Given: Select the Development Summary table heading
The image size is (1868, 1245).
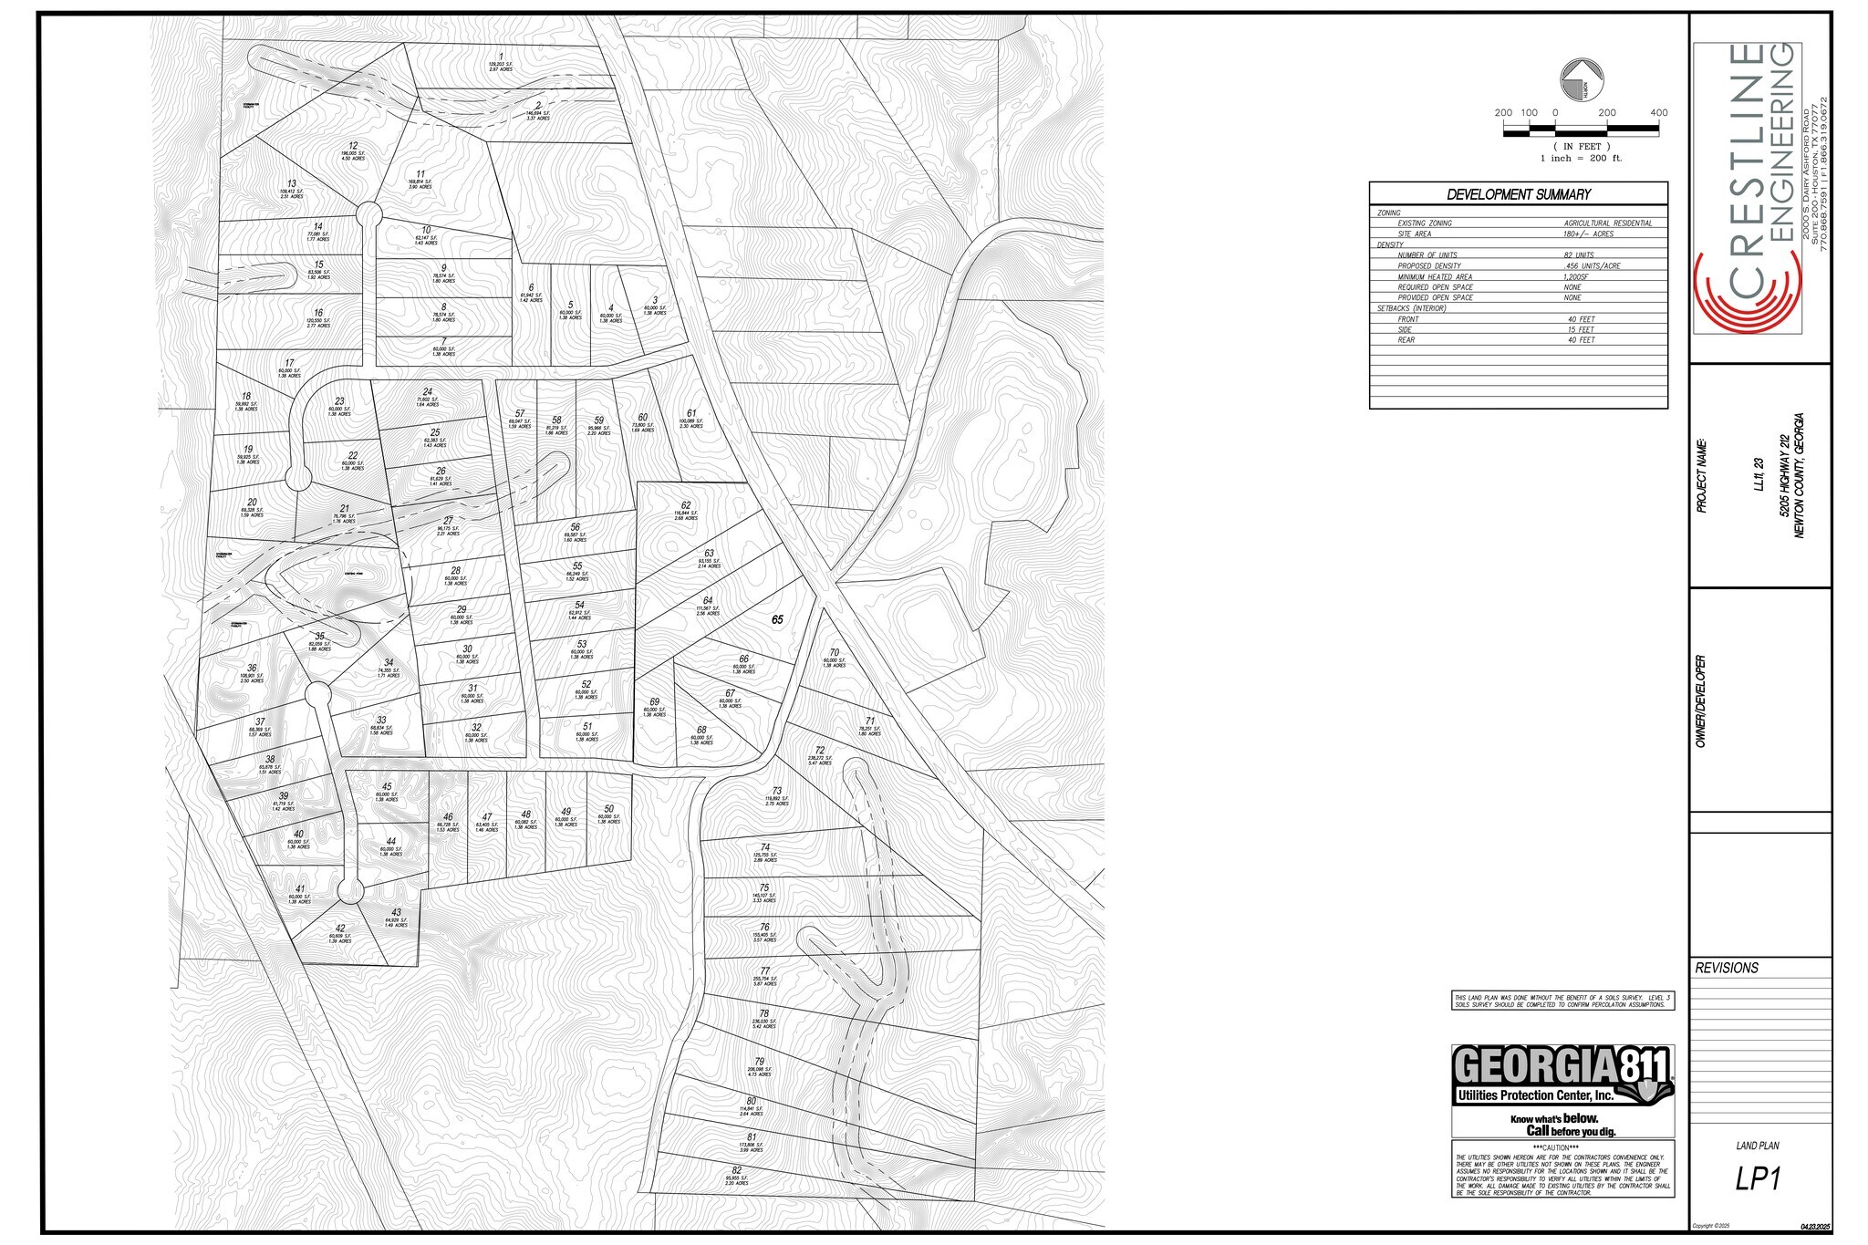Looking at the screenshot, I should tap(1518, 194).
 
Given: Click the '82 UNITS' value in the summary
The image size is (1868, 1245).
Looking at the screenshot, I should tap(1578, 255).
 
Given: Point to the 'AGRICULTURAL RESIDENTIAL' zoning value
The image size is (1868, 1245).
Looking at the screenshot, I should tap(1607, 223).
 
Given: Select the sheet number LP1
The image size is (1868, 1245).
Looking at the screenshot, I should tap(1758, 1179).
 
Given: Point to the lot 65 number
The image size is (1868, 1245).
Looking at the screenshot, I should tap(777, 619).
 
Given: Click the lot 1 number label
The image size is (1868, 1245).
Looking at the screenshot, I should tap(500, 57).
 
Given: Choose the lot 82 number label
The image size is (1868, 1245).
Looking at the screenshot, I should tap(736, 1171).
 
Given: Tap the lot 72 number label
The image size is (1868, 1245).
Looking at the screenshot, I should tap(819, 751).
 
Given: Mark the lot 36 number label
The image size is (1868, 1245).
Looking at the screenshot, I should tap(252, 669).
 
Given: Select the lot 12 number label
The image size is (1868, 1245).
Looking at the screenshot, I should tap(353, 146).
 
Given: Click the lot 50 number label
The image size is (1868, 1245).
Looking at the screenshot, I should tap(608, 809).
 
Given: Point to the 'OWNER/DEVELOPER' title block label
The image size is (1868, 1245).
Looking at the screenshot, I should tap(1701, 701).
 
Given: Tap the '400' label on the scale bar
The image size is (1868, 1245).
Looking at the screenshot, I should tap(1658, 113).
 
